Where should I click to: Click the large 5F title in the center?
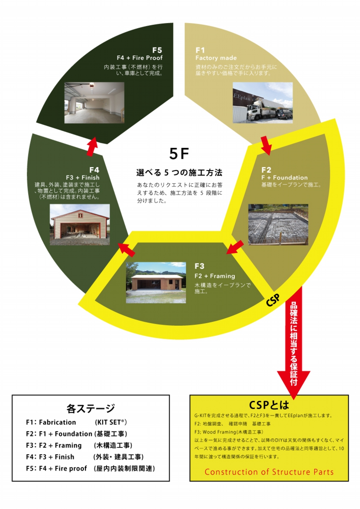(x=179, y=154)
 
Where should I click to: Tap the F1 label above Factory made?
(x=200, y=50)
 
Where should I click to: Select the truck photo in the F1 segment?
(x=262, y=102)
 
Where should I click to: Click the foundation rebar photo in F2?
(x=278, y=224)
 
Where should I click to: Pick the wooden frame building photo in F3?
(x=155, y=282)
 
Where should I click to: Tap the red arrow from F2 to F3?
(x=235, y=247)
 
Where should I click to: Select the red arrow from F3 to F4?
(x=127, y=249)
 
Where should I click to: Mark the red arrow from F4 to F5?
(x=92, y=147)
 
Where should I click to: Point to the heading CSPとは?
(x=269, y=404)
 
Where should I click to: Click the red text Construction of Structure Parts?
(x=269, y=472)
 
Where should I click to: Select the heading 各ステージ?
(x=91, y=409)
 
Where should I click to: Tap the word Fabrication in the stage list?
(x=57, y=422)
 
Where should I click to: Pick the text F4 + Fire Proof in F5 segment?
(x=140, y=58)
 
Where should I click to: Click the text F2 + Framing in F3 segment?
(x=215, y=276)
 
